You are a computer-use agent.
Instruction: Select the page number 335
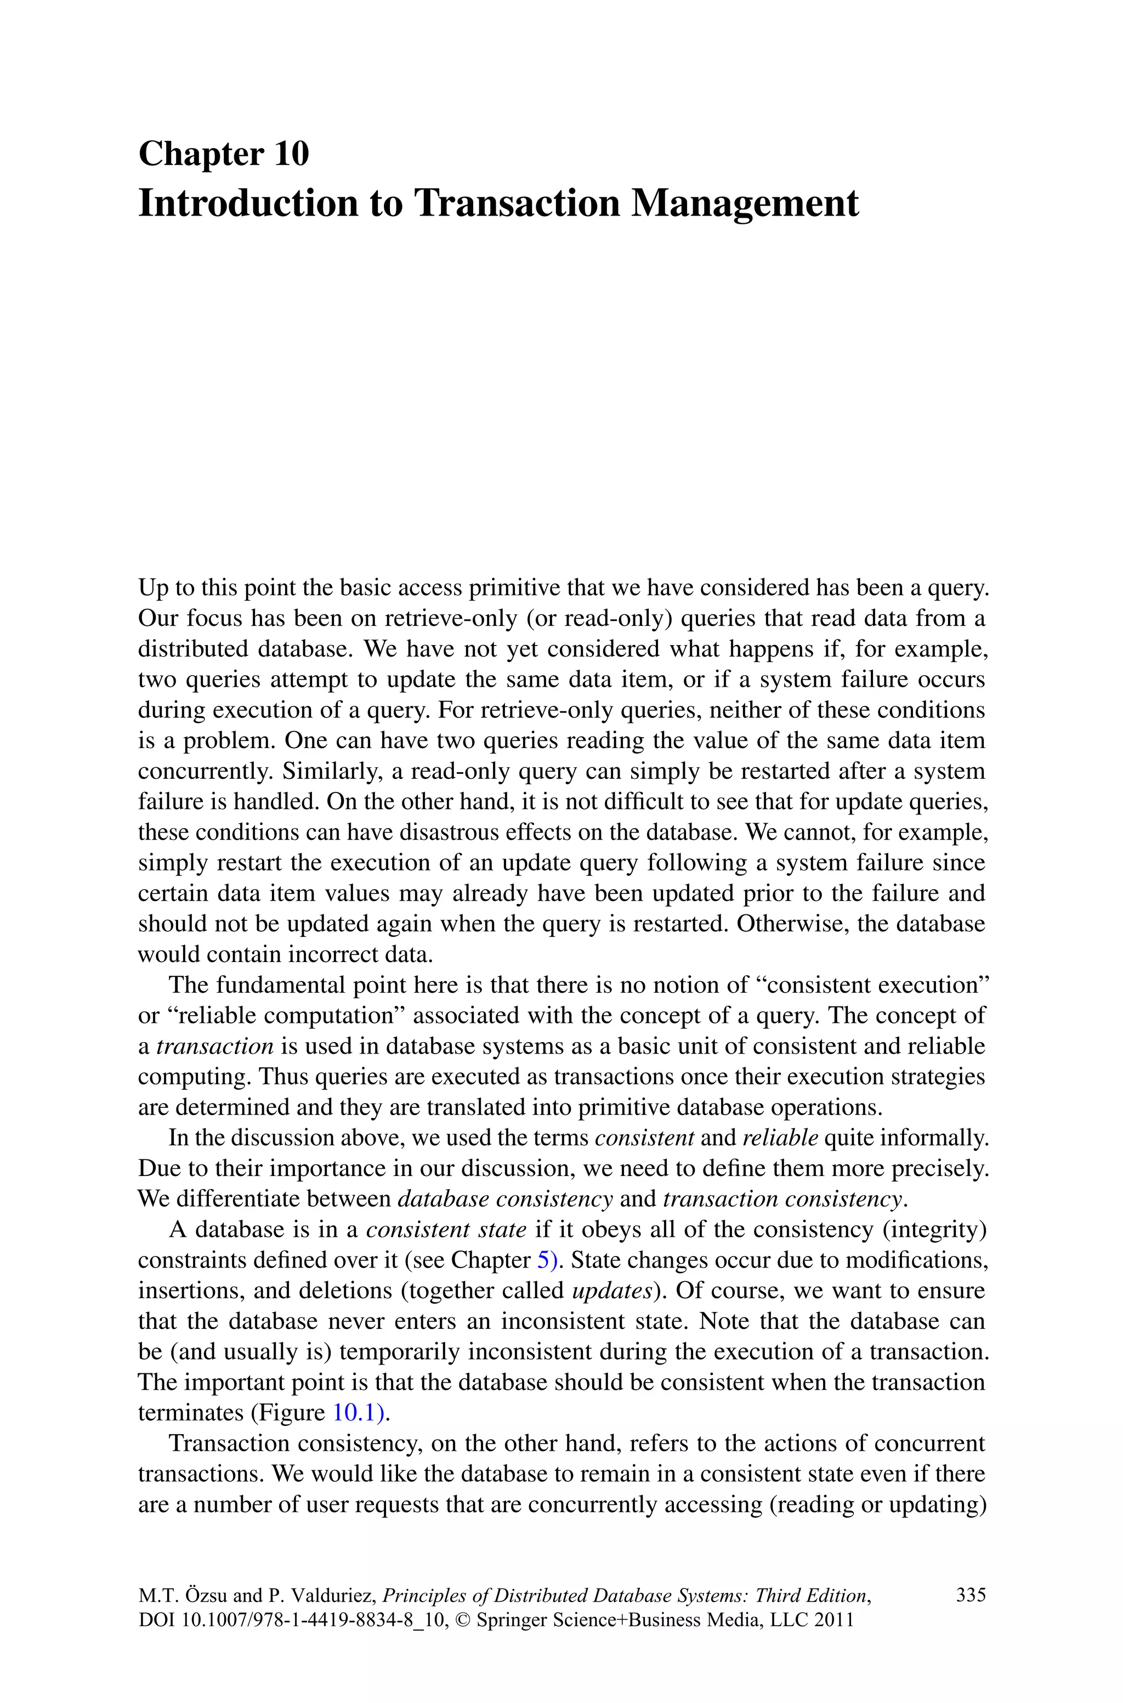[x=971, y=1594]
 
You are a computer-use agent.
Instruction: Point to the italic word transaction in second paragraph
[x=215, y=1046]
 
